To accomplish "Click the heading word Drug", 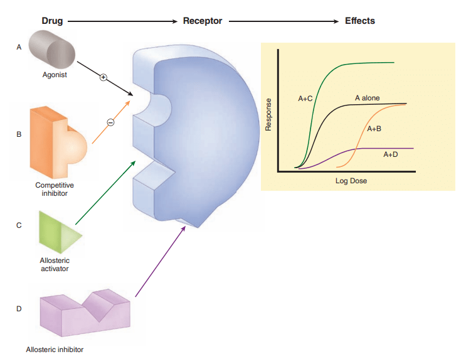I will (52, 21).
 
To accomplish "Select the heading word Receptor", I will (202, 21).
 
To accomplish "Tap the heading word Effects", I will (360, 21).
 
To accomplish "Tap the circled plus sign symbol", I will (104, 77).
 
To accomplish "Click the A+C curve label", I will (305, 100).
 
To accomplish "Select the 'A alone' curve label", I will (367, 99).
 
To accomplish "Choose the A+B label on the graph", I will (374, 129).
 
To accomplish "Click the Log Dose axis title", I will (351, 181).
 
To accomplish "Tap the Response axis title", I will (268, 115).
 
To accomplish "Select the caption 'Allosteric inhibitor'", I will (55, 349).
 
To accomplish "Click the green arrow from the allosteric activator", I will (105, 192).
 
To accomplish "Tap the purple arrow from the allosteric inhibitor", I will (161, 260).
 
